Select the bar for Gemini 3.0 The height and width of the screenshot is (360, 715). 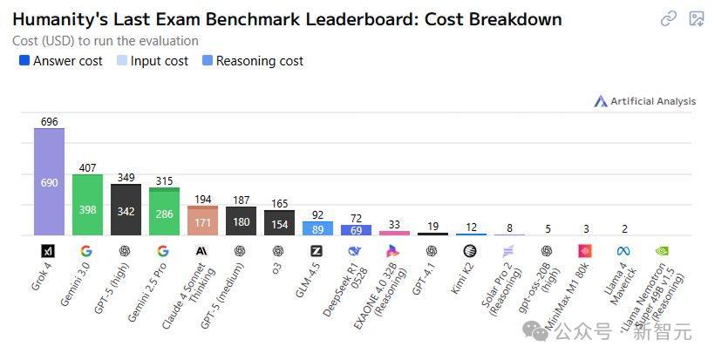[x=87, y=205]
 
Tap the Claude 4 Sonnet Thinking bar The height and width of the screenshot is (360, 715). [x=202, y=221]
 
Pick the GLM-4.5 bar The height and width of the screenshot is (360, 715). [x=317, y=228]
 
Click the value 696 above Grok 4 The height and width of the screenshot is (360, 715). [x=49, y=122]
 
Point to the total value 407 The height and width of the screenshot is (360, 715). [x=87, y=167]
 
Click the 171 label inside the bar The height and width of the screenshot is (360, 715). [x=202, y=223]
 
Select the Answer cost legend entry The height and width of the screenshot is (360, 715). [x=60, y=61]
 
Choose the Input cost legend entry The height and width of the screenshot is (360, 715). [x=152, y=61]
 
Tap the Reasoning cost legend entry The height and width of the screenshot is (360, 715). [x=252, y=61]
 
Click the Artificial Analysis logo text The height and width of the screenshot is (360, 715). [x=652, y=101]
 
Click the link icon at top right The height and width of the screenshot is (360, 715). [x=669, y=18]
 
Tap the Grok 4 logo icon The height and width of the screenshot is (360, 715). [x=48, y=251]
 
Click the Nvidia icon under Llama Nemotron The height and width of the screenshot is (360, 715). [x=663, y=251]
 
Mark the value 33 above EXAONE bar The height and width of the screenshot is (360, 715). [x=394, y=224]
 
